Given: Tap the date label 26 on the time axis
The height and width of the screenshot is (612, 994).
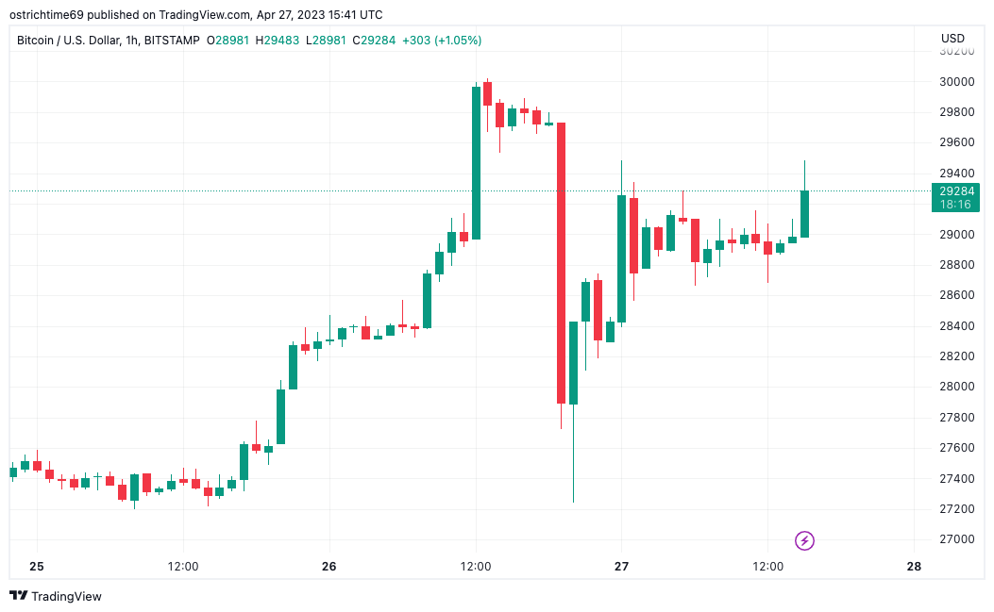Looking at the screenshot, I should pos(329,567).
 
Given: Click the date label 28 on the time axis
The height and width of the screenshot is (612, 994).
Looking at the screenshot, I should pos(913,567).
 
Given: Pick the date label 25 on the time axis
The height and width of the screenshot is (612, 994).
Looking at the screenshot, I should pos(37,567).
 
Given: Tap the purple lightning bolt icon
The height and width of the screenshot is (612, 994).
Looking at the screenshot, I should pos(804,540).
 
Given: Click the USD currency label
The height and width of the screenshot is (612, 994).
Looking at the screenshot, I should pos(952,39).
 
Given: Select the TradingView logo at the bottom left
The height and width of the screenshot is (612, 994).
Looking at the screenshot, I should pos(56,596).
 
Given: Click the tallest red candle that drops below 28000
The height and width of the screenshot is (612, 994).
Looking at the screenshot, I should pos(561,263).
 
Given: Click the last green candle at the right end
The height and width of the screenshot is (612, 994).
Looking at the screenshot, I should pos(804,214).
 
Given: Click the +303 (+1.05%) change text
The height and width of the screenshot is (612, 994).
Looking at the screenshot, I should pos(442,41).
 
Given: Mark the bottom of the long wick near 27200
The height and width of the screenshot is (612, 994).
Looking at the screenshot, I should pos(573,501).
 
